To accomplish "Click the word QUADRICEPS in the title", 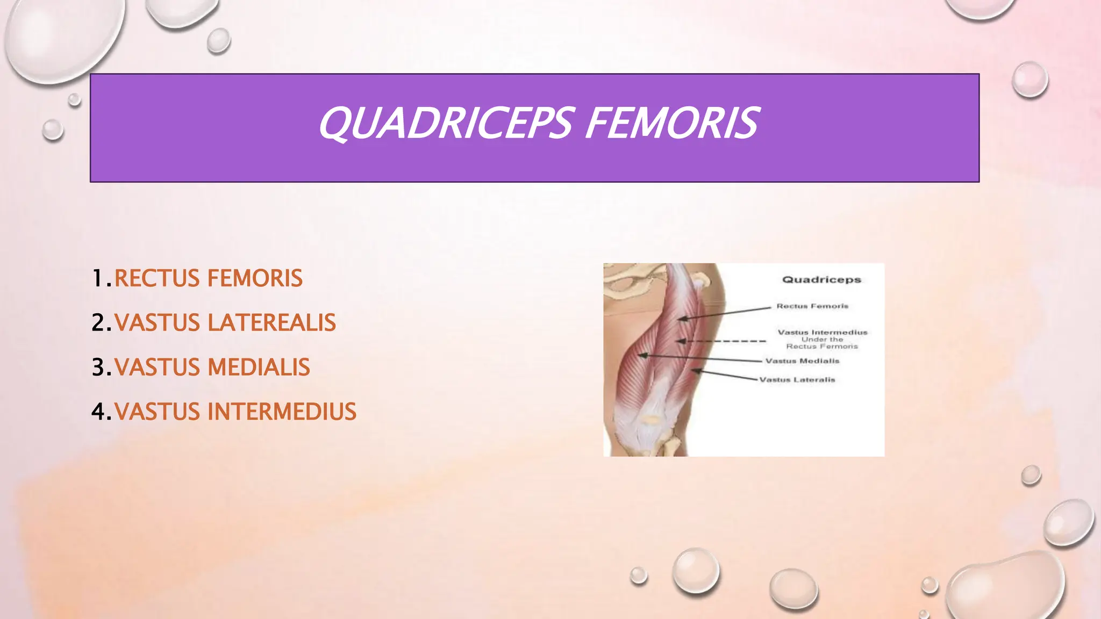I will pyautogui.click(x=446, y=123).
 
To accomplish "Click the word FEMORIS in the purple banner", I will pyautogui.click(x=672, y=123).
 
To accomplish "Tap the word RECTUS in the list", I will pyautogui.click(x=158, y=278).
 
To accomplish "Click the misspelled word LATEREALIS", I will pyautogui.click(x=271, y=323).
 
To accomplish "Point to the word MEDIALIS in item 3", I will pyautogui.click(x=259, y=368).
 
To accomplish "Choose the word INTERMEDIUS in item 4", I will pyautogui.click(x=282, y=412).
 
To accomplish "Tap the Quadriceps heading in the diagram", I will pyautogui.click(x=821, y=279).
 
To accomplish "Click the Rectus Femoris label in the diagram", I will pyautogui.click(x=812, y=306).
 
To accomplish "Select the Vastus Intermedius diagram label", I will pyautogui.click(x=823, y=333).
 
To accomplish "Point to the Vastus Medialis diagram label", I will pyautogui.click(x=802, y=361).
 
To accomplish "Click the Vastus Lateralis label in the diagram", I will pyautogui.click(x=797, y=380).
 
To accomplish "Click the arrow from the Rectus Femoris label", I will pyautogui.click(x=726, y=313).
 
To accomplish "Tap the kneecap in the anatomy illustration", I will pyautogui.click(x=651, y=420).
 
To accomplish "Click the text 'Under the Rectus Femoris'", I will pyautogui.click(x=822, y=343).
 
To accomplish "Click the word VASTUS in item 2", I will pyautogui.click(x=157, y=323).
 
